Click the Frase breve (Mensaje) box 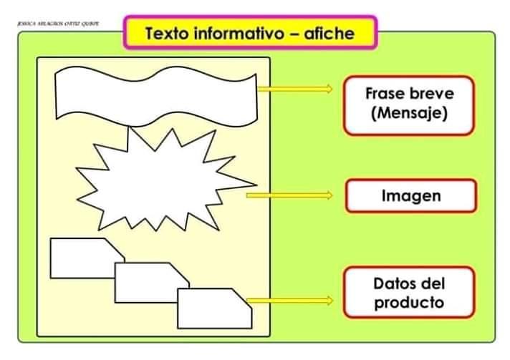(x=409, y=105)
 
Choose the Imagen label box (x=410, y=195)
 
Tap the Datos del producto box (x=409, y=293)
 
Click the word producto (x=409, y=302)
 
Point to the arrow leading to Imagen (x=289, y=195)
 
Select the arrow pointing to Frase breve (x=295, y=89)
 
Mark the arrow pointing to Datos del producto (x=289, y=301)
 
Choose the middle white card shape (x=147, y=281)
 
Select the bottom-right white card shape (x=213, y=308)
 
